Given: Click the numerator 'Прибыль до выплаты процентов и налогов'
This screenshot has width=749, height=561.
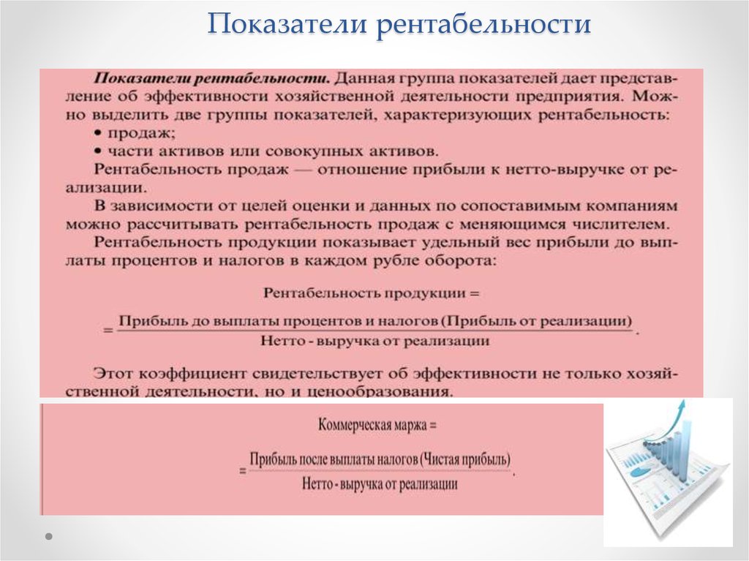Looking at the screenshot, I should click(x=279, y=321).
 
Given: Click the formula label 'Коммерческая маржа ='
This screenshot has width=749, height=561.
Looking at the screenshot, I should click(x=377, y=424).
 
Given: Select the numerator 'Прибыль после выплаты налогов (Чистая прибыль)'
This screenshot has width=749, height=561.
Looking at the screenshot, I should click(x=380, y=459).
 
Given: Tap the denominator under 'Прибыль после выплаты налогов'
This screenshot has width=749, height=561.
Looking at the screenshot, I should click(x=380, y=483).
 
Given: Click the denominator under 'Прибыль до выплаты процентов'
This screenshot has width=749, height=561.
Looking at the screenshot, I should click(x=374, y=341).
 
